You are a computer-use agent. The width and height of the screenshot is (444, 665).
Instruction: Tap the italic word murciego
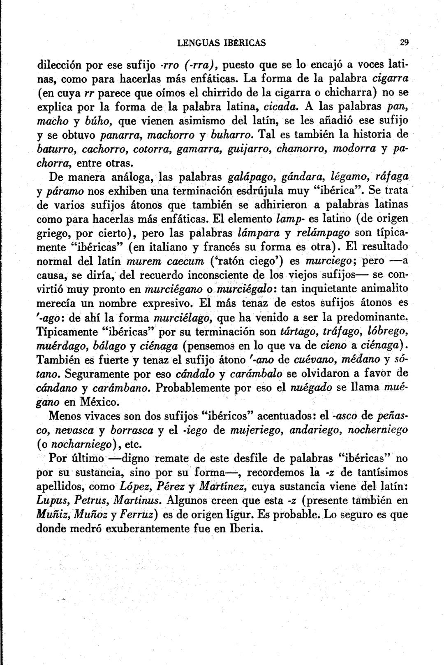tap(319, 261)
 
